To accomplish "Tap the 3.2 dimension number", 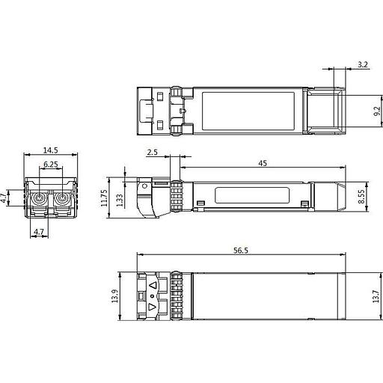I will point(363,65).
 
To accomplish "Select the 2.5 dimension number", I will point(152,153).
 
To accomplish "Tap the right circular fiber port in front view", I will point(59,200).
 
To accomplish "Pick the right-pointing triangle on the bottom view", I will point(153,307).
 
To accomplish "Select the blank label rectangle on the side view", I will point(253,195).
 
